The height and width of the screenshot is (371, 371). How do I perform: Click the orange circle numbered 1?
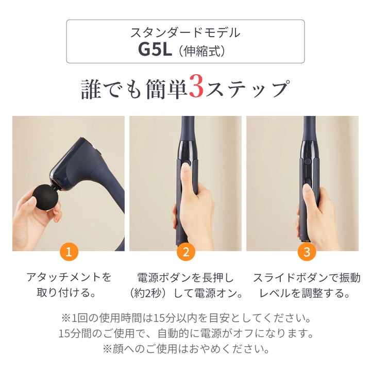[69, 252]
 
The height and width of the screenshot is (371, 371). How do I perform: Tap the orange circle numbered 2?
[185, 252]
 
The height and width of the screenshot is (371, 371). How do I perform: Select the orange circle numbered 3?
[307, 252]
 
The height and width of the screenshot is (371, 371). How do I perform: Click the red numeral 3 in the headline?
[197, 88]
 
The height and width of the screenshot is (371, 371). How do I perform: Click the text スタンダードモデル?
[185, 33]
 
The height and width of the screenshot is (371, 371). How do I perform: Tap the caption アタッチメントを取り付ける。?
[69, 285]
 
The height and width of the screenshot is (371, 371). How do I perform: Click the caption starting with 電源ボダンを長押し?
[185, 285]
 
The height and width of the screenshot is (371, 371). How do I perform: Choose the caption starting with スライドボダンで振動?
[307, 285]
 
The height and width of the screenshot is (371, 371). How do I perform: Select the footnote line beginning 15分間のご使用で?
[185, 333]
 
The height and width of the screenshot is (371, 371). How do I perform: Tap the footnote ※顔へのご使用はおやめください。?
[185, 349]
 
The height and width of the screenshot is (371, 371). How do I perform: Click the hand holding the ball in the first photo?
[31, 219]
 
